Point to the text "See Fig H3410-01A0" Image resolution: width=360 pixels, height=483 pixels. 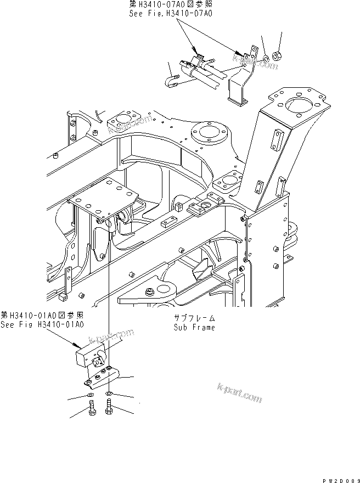pyautogui.click(x=42, y=324)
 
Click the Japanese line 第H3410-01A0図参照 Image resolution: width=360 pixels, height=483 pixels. pyautogui.click(x=42, y=315)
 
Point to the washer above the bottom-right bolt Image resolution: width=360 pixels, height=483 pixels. pyautogui.click(x=110, y=394)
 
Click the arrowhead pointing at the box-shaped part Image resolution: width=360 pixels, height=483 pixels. pyautogui.click(x=76, y=346)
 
